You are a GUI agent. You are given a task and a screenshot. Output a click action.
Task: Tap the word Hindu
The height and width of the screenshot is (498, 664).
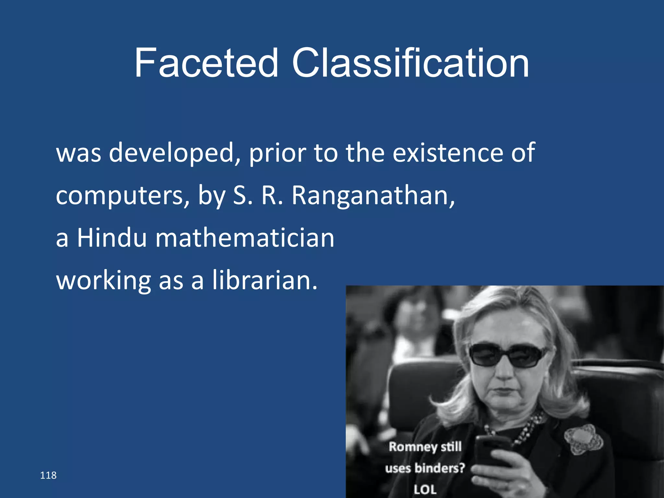click(112, 238)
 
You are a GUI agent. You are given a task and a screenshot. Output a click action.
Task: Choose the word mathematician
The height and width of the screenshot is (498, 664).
click(245, 238)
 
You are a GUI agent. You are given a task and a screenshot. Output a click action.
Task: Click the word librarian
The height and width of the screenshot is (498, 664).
click(265, 280)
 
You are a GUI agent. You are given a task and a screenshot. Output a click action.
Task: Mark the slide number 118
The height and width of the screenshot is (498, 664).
click(48, 475)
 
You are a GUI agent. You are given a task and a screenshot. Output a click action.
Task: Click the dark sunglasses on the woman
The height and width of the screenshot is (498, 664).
click(507, 355)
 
